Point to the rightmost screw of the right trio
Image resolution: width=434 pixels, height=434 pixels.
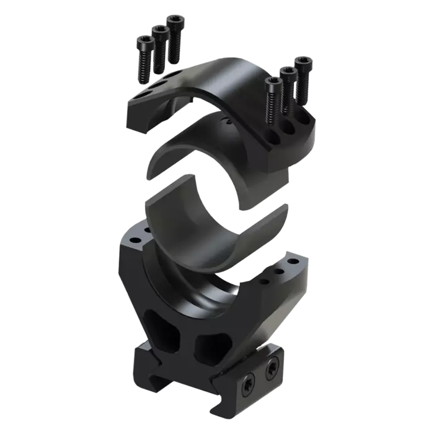[x=303, y=77]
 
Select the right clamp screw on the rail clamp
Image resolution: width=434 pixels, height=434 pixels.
[x=272, y=371]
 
